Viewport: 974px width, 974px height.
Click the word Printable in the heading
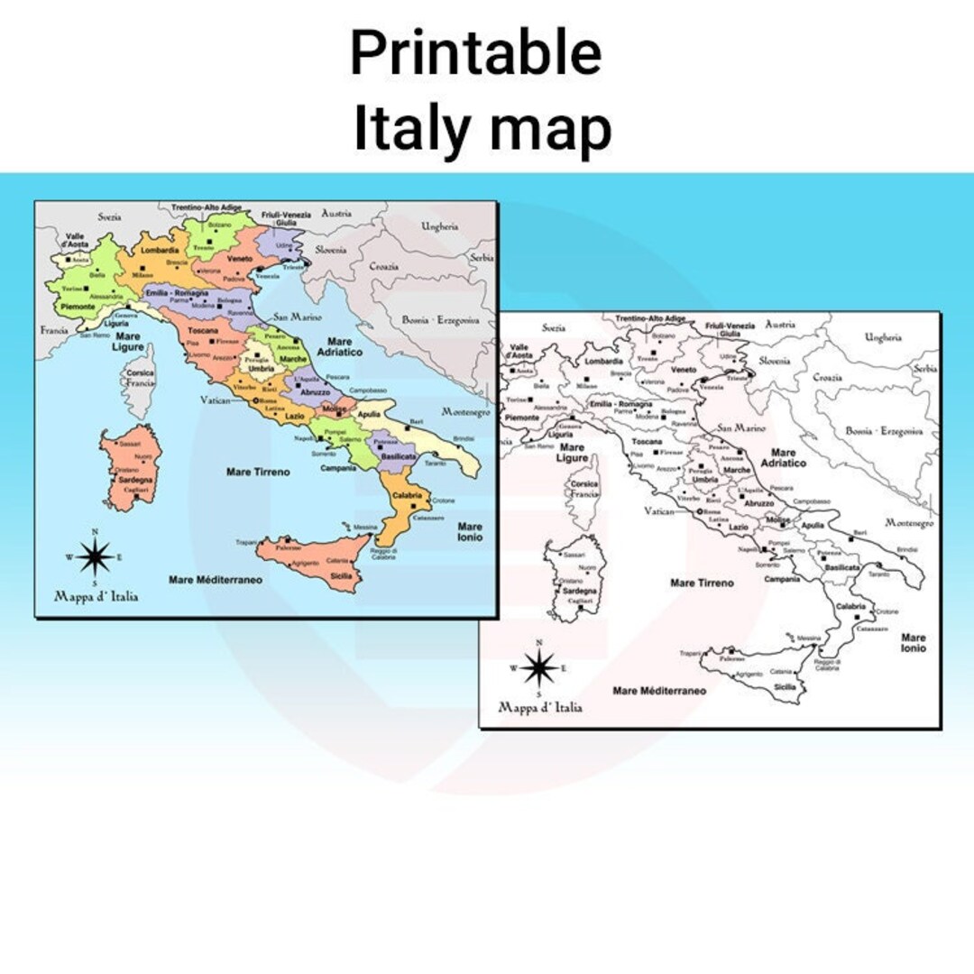(475, 54)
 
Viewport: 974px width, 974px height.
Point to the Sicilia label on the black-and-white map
(784, 686)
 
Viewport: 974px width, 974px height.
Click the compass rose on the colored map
(94, 556)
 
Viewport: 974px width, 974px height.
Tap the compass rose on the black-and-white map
(538, 667)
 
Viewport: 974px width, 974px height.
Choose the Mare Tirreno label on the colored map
(258, 472)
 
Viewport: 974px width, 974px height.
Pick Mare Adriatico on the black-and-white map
(782, 457)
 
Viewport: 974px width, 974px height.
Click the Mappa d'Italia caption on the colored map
(96, 596)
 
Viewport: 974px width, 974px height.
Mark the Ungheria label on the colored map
(440, 227)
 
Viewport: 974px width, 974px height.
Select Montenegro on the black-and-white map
(909, 523)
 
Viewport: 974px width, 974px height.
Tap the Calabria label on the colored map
(407, 494)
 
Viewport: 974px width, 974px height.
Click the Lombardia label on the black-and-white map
(603, 361)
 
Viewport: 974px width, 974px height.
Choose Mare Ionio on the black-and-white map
(913, 642)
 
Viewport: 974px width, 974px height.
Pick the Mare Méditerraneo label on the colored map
(216, 579)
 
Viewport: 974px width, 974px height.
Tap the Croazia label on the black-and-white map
(827, 378)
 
